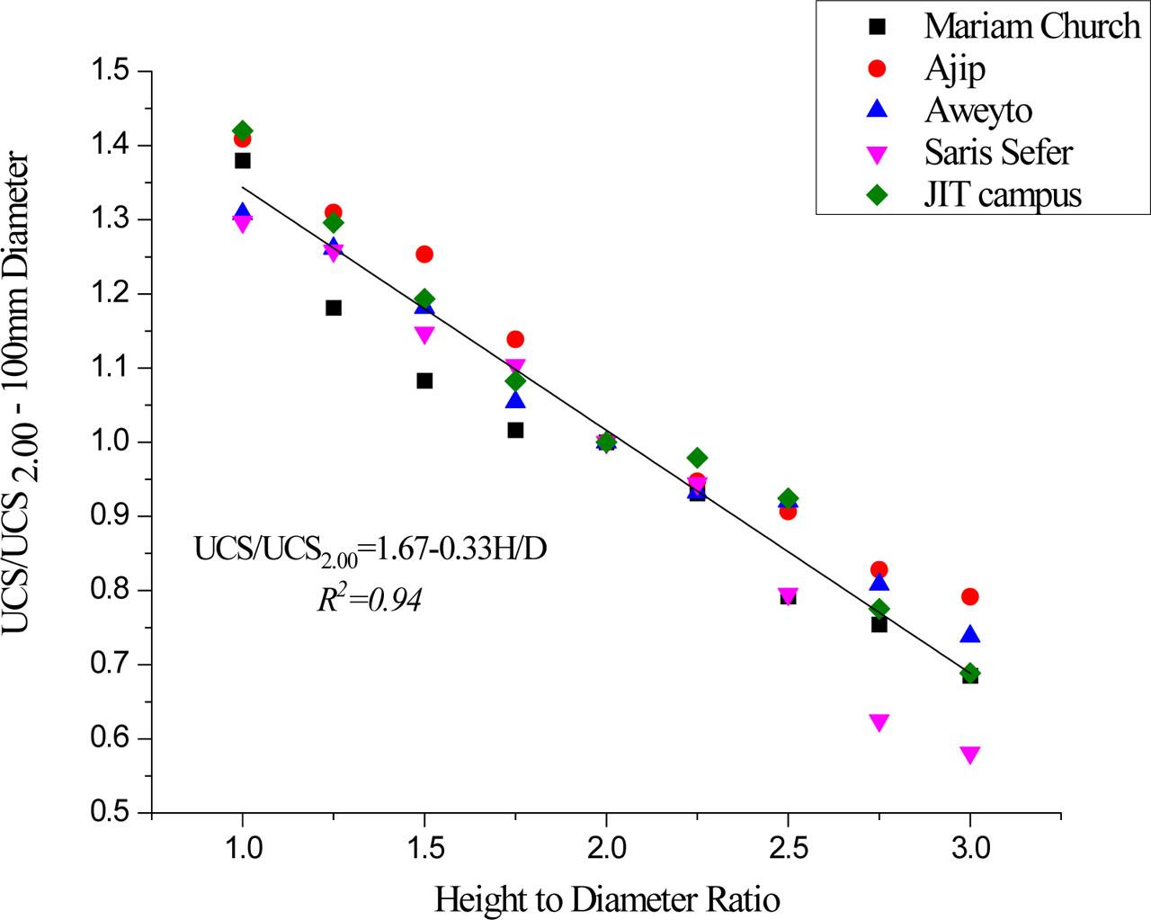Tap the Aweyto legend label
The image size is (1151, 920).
point(978,110)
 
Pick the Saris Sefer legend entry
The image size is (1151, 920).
point(998,152)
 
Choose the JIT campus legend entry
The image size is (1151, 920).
point(1003,194)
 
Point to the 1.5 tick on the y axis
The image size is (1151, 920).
point(113,72)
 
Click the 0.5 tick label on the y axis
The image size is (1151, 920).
point(113,813)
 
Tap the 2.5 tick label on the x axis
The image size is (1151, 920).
point(788,847)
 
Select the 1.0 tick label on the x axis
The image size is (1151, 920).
point(242,847)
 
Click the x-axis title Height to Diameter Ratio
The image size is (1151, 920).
point(606,898)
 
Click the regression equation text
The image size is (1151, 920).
point(370,549)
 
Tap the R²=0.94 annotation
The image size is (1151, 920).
point(369,599)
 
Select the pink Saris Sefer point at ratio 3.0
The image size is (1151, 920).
point(969,755)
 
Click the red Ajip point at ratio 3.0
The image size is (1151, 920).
point(969,596)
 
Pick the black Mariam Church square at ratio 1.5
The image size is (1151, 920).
point(424,380)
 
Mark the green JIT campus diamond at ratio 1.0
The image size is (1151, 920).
point(242,131)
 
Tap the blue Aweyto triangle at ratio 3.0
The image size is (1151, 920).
point(969,635)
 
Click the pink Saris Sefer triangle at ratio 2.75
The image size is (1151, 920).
point(879,722)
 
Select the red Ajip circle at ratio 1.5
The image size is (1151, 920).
point(424,255)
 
